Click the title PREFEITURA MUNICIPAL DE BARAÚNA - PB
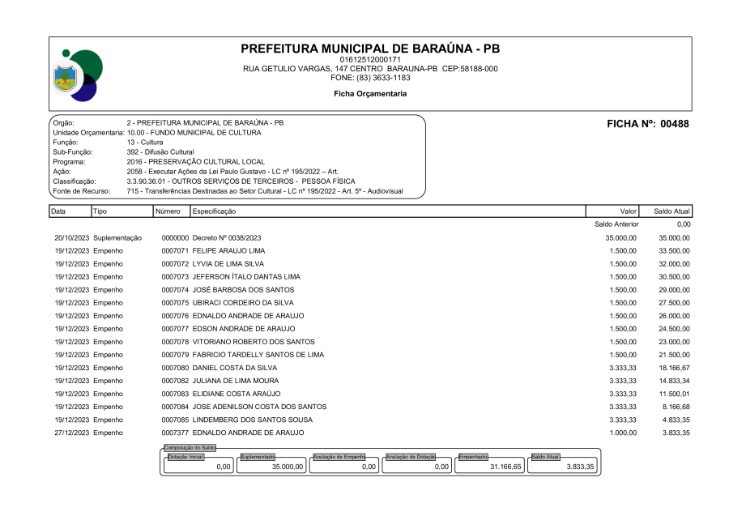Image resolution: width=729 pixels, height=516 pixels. point(370,49)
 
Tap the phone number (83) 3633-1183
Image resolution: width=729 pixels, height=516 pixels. point(370,78)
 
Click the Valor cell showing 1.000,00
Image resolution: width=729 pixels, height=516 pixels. point(623,433)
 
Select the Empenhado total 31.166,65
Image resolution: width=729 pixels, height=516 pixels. point(503,467)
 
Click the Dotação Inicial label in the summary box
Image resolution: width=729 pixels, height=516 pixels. point(185,456)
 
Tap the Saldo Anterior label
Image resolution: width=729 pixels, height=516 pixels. point(617,224)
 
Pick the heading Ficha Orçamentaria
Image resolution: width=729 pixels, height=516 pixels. point(370,94)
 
